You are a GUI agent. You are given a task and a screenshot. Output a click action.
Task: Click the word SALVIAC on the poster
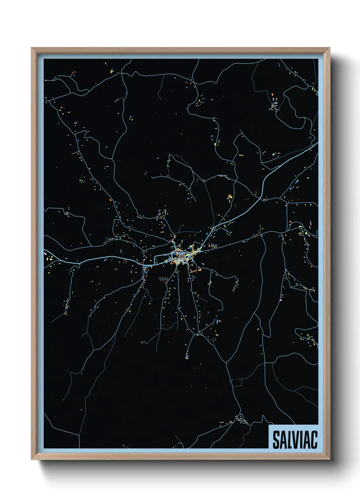pyautogui.click(x=295, y=440)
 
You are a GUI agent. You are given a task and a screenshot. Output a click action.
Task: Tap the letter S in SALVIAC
pyautogui.click(x=276, y=440)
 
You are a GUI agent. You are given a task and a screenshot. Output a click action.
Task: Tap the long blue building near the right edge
pyautogui.click(x=296, y=182)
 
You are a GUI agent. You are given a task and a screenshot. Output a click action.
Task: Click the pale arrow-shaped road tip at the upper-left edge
pyautogui.click(x=46, y=80)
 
